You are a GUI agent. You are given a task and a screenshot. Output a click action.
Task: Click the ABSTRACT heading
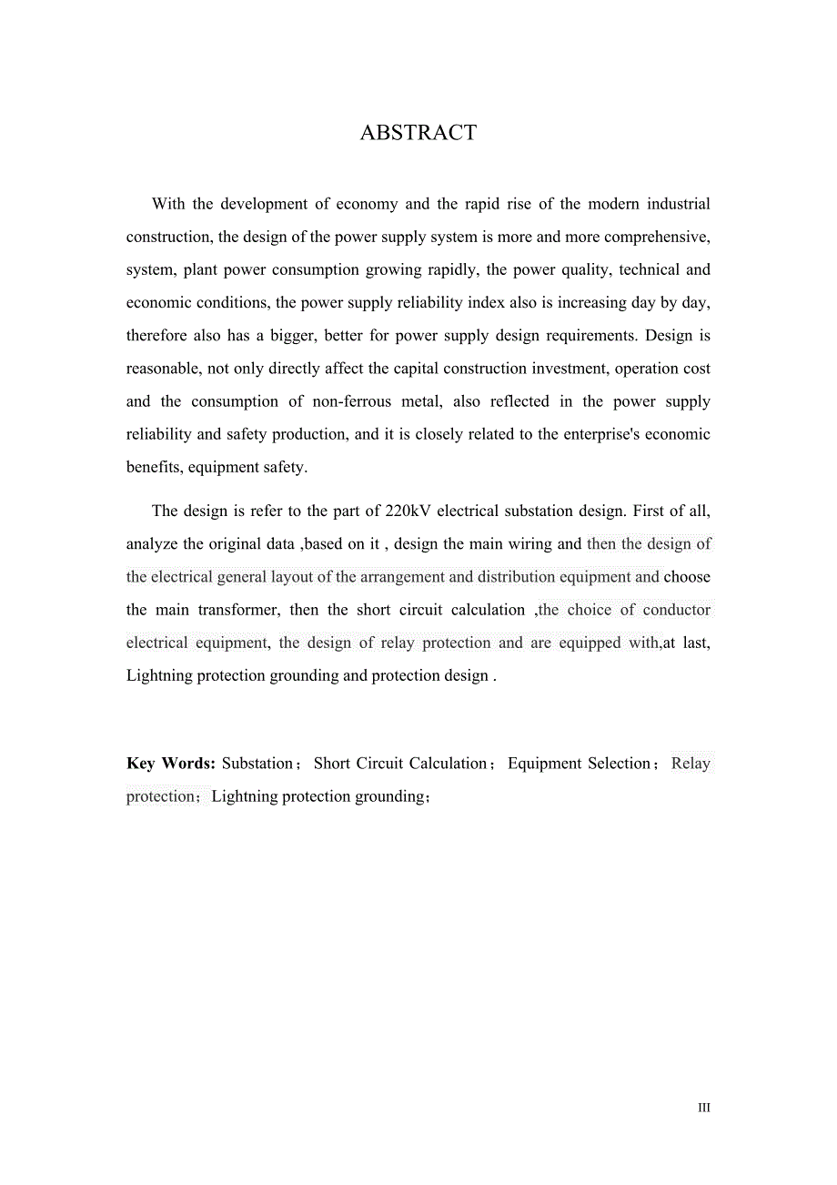[418, 133]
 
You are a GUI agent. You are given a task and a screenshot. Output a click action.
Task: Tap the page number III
[703, 1108]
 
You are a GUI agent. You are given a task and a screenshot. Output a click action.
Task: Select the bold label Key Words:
[170, 764]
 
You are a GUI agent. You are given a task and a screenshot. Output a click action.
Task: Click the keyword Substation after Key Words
[257, 764]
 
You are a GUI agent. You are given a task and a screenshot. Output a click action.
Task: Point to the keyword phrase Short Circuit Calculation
[400, 764]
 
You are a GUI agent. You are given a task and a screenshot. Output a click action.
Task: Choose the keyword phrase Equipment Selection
[579, 764]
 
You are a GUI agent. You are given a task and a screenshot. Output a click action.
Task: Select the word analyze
[152, 544]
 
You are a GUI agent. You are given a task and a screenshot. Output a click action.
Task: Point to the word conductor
[677, 610]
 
